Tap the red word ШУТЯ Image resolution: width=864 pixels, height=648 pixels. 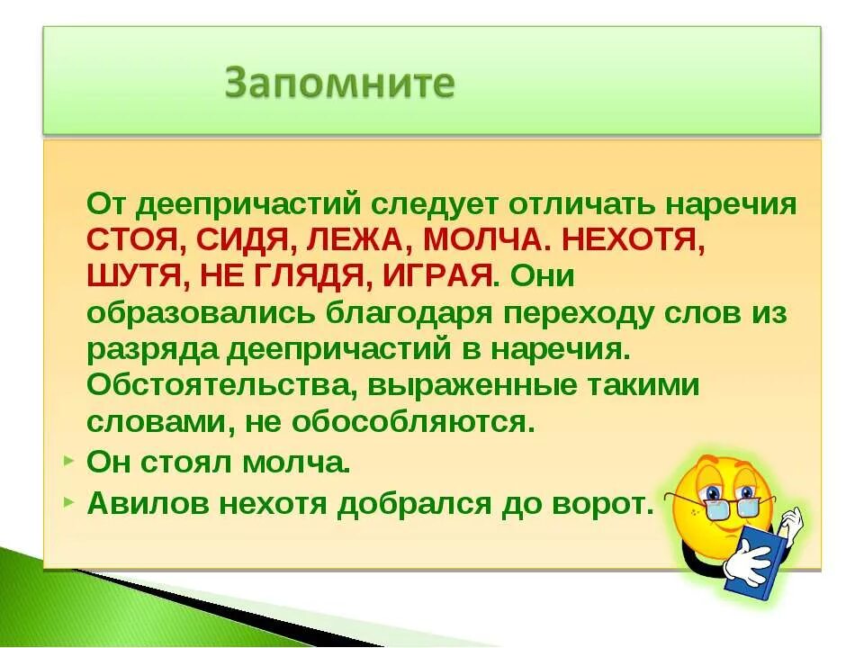tap(130, 274)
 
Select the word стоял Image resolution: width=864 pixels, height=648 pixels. tap(189, 463)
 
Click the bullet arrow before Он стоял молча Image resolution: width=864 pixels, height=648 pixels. tap(70, 461)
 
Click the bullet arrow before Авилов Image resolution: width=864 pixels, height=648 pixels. tap(70, 502)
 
